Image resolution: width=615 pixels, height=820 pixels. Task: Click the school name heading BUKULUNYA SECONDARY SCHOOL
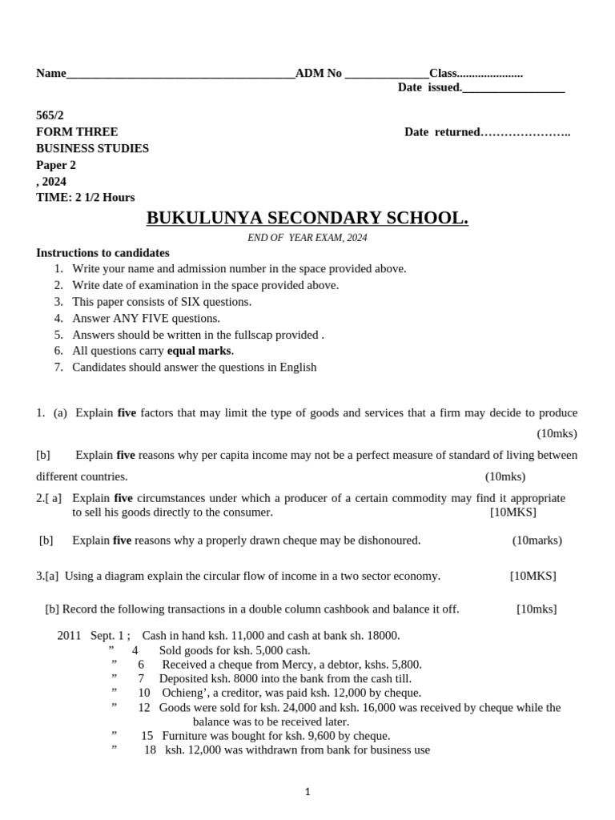click(x=307, y=219)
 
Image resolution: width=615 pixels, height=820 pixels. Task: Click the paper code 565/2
click(x=50, y=115)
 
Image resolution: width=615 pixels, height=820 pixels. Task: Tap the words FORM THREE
click(x=77, y=132)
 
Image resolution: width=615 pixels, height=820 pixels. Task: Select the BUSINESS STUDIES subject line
click(x=92, y=148)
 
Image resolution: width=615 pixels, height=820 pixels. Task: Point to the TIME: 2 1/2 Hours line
click(x=86, y=197)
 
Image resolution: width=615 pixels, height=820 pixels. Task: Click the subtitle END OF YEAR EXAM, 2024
click(x=307, y=238)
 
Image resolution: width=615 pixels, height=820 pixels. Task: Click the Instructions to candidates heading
click(x=102, y=253)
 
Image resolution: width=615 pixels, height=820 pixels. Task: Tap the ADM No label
click(x=319, y=74)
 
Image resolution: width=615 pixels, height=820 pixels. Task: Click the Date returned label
click(x=442, y=132)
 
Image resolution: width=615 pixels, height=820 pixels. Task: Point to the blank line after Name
click(x=180, y=75)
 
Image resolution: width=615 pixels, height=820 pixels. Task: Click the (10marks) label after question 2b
click(x=537, y=541)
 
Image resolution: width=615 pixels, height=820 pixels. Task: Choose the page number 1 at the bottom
click(x=307, y=792)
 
